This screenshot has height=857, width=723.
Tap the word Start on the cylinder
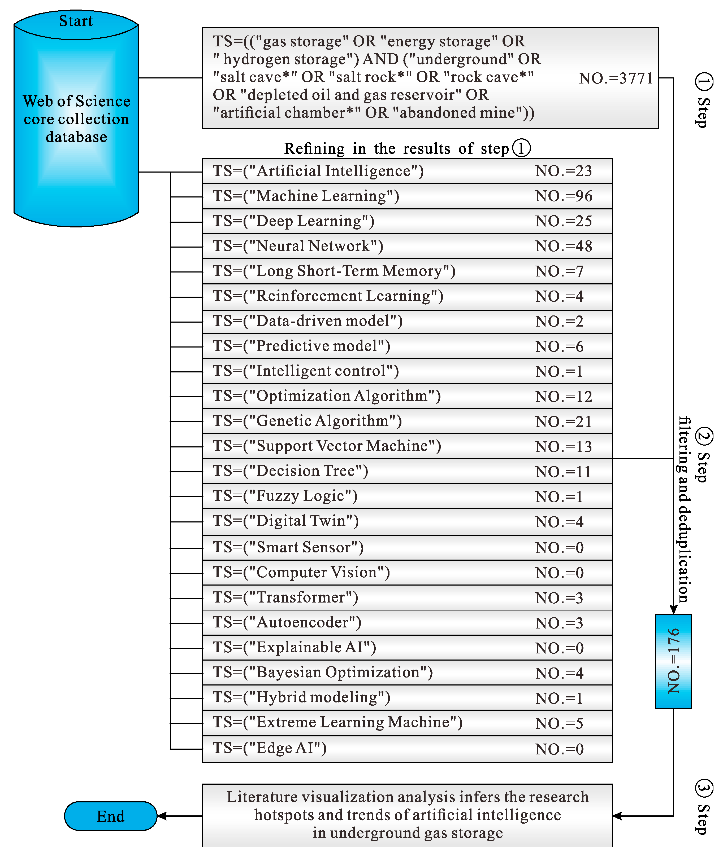76,21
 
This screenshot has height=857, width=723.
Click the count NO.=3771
615,78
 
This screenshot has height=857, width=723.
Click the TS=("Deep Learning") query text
293,221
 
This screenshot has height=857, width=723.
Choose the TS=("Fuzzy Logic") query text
285,496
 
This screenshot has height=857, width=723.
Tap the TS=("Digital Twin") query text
286,521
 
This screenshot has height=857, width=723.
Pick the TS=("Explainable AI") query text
294,647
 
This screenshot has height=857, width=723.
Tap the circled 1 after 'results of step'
521,148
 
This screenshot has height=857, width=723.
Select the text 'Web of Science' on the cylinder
77,101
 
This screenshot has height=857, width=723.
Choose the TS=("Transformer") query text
286,597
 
